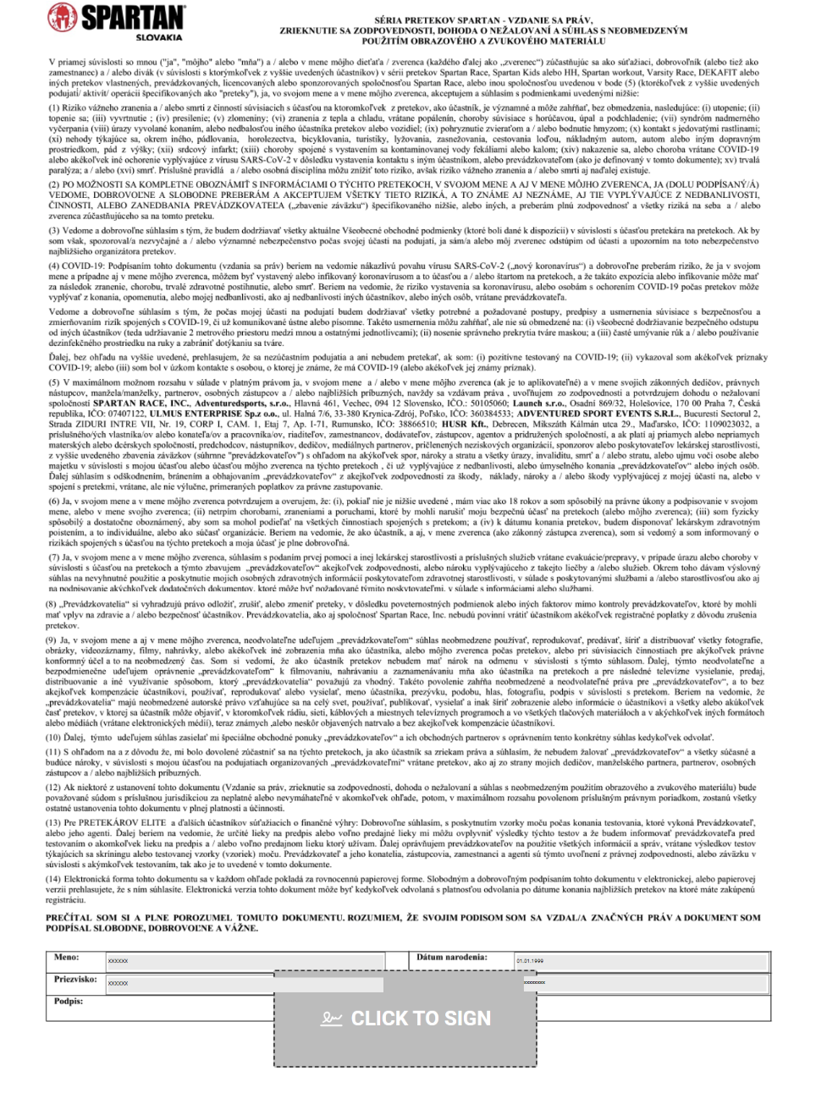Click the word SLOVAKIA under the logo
coord(158,37)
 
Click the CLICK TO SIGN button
coord(405,1018)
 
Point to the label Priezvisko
coord(75,980)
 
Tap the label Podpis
coord(68,1002)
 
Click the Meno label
coord(66,958)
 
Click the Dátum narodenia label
coord(451,958)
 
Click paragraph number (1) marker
coord(54,108)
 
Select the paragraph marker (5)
coord(54,383)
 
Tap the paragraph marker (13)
coord(53,822)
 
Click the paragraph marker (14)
coord(53,878)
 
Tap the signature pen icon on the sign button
coord(331,1019)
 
